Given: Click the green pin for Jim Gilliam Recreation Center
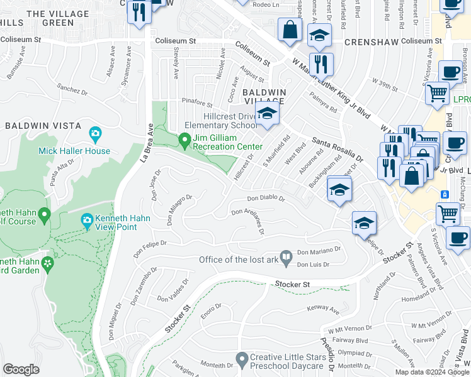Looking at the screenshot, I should (x=184, y=139).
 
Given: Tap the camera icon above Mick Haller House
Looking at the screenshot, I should (x=95, y=133).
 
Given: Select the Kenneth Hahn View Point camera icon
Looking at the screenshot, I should (x=88, y=221).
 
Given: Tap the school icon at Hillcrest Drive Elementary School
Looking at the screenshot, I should (x=268, y=114).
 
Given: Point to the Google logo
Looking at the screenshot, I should (x=21, y=369).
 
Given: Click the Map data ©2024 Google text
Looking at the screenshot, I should (x=432, y=372).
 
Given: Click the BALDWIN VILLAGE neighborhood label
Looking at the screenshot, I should (x=264, y=96).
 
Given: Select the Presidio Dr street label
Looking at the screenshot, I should (x=329, y=354).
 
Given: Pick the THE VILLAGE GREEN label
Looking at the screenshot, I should (x=58, y=18).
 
